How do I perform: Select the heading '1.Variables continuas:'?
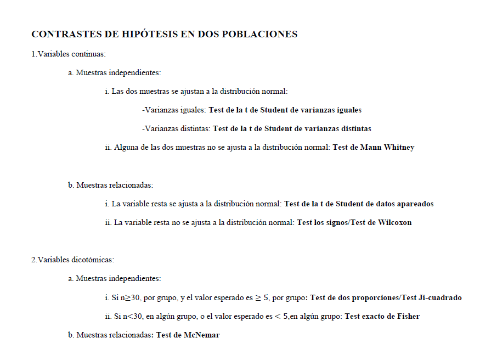[69, 54]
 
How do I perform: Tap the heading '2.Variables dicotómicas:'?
[72, 260]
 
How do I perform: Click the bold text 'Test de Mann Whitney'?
[373, 147]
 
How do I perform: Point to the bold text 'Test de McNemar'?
[188, 335]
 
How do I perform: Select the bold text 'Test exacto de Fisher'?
[382, 316]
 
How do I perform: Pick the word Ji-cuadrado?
[441, 297]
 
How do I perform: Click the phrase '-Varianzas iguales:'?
[174, 110]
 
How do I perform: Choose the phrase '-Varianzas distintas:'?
[176, 128]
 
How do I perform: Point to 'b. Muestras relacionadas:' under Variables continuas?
[110, 185]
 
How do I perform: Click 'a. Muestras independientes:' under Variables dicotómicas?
[114, 279]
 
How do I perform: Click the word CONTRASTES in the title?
[65, 34]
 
